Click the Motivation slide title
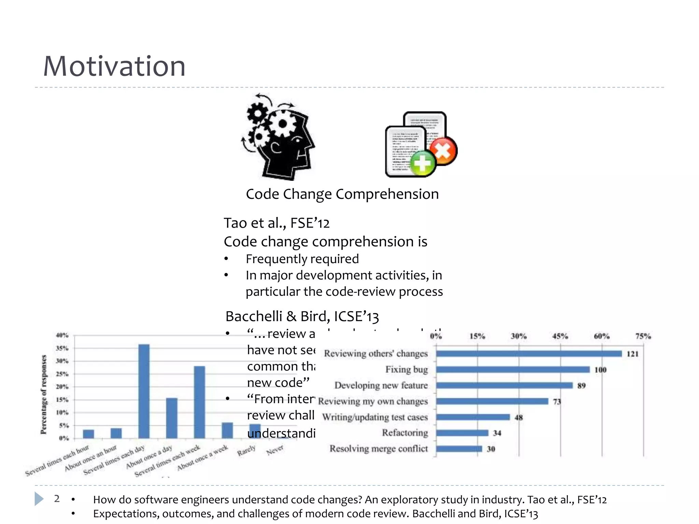pos(114,66)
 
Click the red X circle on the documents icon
pos(443,151)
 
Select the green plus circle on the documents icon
pos(423,163)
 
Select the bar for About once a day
pos(172,418)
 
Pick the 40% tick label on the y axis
pos(62,335)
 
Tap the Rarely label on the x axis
pos(246,451)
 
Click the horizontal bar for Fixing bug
pos(513,369)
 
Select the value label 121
pos(632,354)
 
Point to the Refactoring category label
pos(405,433)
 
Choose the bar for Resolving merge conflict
pos(459,449)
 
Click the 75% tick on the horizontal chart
pos(643,336)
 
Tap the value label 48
pos(518,417)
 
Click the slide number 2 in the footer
pos(57,499)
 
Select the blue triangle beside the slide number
pos(39,499)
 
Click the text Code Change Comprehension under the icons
pos(342,194)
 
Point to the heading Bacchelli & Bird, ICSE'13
pos(302,316)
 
